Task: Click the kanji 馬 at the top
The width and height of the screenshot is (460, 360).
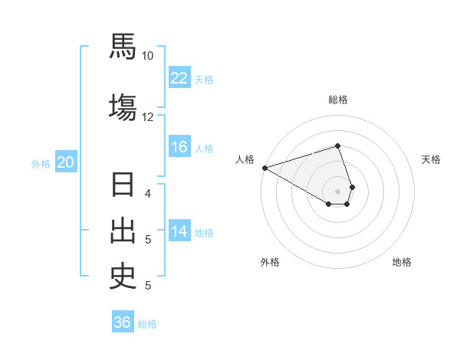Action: tap(123, 47)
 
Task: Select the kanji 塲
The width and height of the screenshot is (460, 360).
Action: tap(123, 106)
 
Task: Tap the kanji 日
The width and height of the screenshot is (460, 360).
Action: tap(123, 187)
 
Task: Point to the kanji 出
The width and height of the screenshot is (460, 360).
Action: tap(123, 232)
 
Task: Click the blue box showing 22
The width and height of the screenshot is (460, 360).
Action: tap(179, 77)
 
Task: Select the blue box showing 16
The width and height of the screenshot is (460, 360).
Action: tap(179, 147)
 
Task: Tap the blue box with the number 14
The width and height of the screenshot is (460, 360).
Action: tap(179, 231)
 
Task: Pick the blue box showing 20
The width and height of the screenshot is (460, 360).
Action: tap(66, 162)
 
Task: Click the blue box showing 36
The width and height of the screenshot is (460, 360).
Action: tap(123, 322)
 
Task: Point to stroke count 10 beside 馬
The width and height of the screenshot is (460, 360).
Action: tap(148, 56)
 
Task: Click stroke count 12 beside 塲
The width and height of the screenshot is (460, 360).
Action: tap(148, 116)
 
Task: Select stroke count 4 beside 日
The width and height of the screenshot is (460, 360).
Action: tap(148, 193)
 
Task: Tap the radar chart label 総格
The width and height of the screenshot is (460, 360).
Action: tap(338, 100)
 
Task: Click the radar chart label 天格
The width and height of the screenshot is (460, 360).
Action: tap(431, 159)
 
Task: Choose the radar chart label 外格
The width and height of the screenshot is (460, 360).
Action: tap(270, 262)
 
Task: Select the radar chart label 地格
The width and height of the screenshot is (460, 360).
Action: tap(402, 262)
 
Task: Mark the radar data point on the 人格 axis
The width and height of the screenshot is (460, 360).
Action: tap(264, 167)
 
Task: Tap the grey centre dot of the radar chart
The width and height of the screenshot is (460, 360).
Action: tap(338, 191)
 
